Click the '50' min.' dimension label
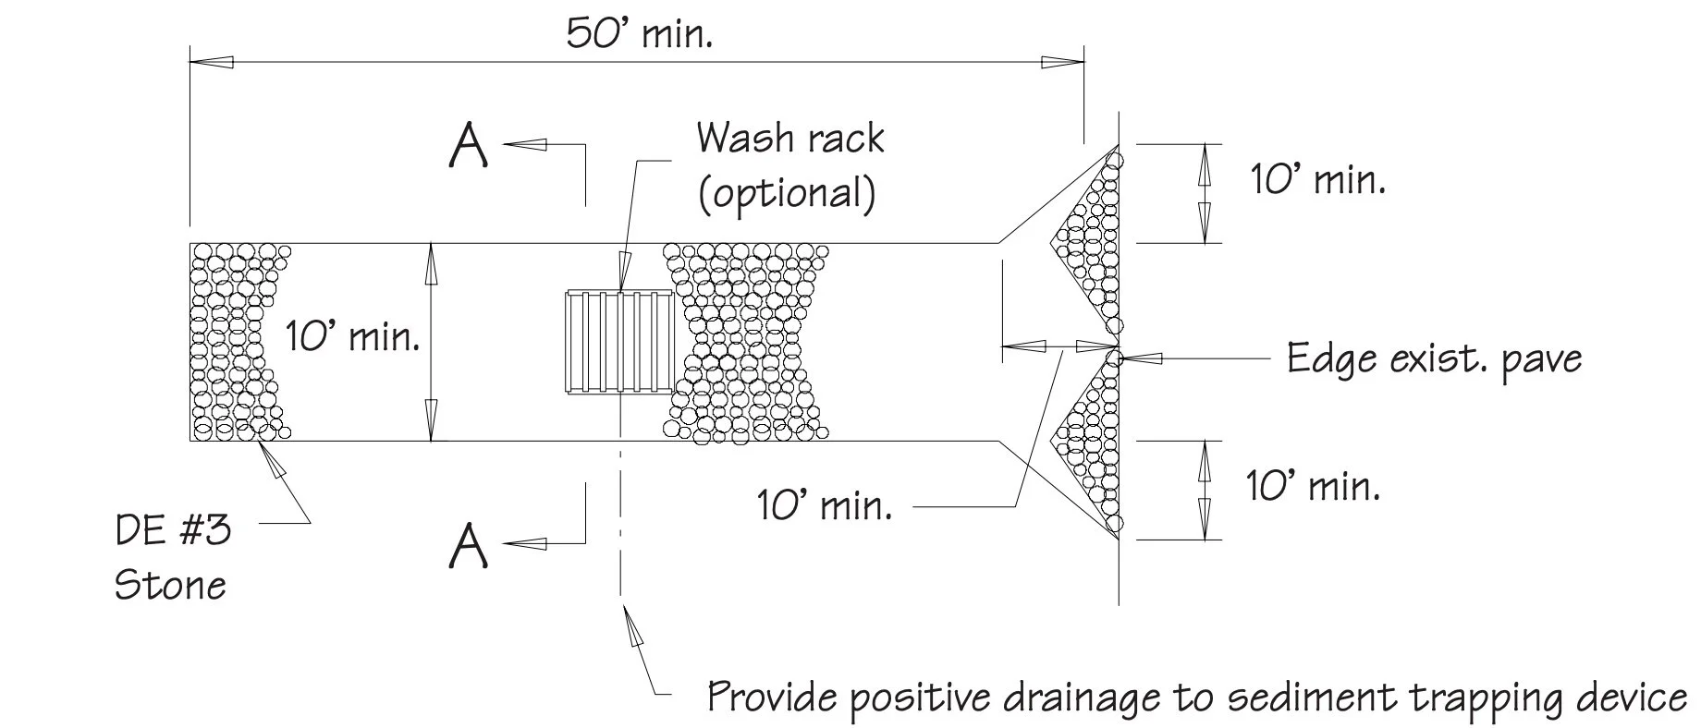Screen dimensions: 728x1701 click(x=639, y=35)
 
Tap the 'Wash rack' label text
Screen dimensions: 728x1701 click(x=790, y=139)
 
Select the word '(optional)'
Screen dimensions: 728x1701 click(x=786, y=194)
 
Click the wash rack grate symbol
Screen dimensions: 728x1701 click(x=618, y=342)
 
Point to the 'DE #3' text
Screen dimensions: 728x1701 click(x=173, y=531)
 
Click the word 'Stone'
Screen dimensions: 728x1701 click(x=170, y=586)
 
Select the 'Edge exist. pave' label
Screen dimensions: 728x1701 click(x=1434, y=358)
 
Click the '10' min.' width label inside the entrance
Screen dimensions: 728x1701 click(x=352, y=336)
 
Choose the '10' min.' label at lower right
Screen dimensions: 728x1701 click(x=1314, y=486)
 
